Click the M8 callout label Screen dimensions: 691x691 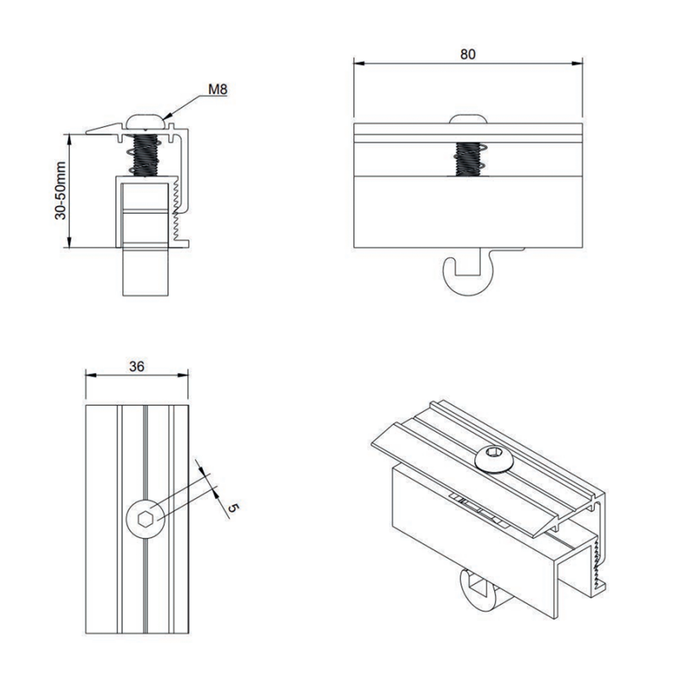pos(218,89)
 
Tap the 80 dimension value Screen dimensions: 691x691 pos(468,54)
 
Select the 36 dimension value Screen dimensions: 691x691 pos(137,366)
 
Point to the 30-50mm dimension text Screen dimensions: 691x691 pos(60,191)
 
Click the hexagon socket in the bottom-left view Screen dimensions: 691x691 pos(145,519)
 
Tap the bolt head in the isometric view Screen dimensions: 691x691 pos(493,459)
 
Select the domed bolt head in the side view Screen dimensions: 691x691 pos(146,121)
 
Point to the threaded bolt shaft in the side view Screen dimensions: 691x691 pos(146,155)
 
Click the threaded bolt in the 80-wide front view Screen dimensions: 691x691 pos(468,159)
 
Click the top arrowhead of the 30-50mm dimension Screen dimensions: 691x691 pos(69,140)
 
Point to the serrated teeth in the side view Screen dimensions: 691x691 pos(176,208)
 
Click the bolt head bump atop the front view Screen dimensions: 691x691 pos(468,119)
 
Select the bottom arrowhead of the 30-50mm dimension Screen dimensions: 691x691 pos(69,242)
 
